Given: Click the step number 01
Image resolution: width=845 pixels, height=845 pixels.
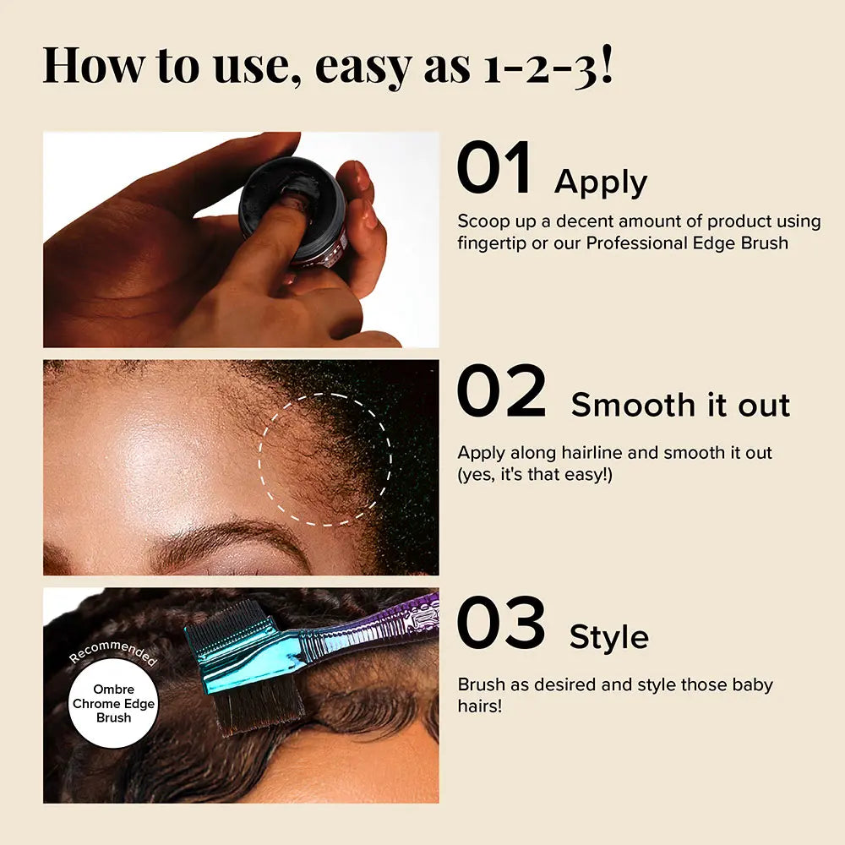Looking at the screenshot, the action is point(493,167).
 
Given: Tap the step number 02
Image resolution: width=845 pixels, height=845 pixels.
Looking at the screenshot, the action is point(502,390).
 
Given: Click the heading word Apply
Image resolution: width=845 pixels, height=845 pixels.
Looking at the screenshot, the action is point(600,183).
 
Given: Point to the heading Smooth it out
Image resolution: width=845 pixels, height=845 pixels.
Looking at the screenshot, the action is point(680,405).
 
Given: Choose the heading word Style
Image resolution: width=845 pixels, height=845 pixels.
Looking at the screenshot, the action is point(609,637).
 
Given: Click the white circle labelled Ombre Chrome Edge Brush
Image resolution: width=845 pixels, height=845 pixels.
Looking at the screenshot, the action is point(113,703).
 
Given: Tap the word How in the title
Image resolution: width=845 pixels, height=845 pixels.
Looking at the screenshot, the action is point(93,65).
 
